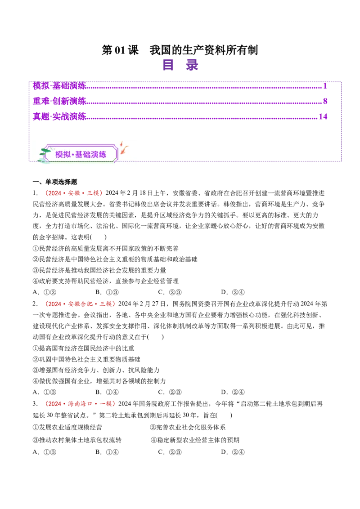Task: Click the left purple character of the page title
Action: pyautogui.click(x=169, y=65)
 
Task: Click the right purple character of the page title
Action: pyautogui.click(x=192, y=65)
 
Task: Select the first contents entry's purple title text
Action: pyautogui.click(x=59, y=85)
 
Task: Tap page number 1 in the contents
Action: pyautogui.click(x=325, y=85)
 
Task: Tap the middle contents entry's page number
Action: pyautogui.click(x=324, y=100)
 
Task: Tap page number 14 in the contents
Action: pyautogui.click(x=323, y=116)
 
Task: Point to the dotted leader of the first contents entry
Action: pyautogui.click(x=202, y=86)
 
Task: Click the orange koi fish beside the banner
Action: pyautogui.click(x=124, y=149)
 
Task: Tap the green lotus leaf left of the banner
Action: pyautogui.click(x=45, y=152)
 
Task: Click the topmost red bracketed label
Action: pyautogui.click(x=74, y=193)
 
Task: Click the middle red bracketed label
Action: pyautogui.click(x=80, y=304)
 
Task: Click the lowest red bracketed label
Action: pyautogui.click(x=80, y=404)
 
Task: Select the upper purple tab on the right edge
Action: pyautogui.click(x=351, y=104)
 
